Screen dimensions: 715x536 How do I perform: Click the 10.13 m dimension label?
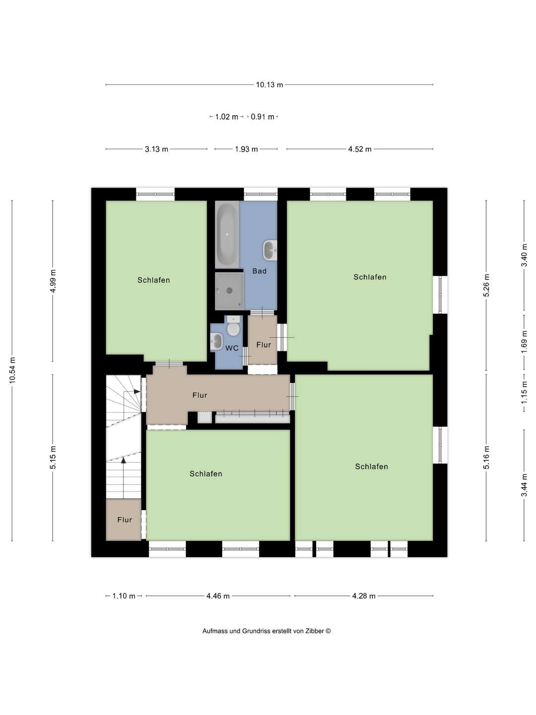[x=269, y=85]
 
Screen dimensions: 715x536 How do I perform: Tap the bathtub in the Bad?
[x=227, y=234]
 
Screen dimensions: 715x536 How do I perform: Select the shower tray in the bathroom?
[x=229, y=290]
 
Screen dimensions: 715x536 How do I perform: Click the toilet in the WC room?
[x=233, y=327]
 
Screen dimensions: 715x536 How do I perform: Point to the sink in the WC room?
[x=217, y=341]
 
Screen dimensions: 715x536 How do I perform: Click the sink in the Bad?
[x=270, y=250]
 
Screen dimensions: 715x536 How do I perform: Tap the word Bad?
[x=259, y=271]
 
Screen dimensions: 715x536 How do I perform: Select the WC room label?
[x=232, y=348]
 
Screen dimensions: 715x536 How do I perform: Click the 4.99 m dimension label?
[x=53, y=281]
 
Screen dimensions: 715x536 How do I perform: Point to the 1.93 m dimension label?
[x=246, y=149]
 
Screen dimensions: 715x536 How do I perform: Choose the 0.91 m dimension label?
[x=263, y=117]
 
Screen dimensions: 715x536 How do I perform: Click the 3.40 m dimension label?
[x=524, y=256]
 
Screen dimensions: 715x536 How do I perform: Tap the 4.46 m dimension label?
[x=218, y=596]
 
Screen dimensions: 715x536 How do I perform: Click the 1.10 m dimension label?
[x=124, y=596]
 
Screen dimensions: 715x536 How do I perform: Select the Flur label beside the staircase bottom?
[x=125, y=520]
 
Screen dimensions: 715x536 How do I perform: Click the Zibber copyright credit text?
[x=267, y=631]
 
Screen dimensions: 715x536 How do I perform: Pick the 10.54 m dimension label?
[x=12, y=370]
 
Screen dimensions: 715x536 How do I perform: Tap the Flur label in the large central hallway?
[x=200, y=395]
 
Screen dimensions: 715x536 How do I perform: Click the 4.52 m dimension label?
[x=360, y=149]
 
